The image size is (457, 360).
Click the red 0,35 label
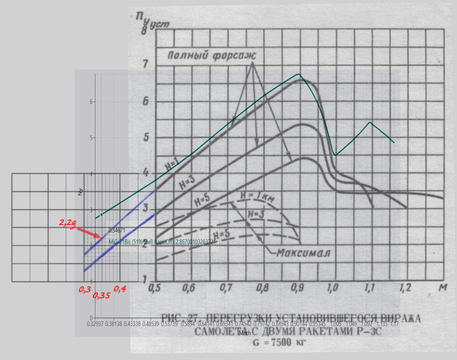[101, 296]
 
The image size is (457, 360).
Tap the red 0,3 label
[85, 289]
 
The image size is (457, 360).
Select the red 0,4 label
[119, 289]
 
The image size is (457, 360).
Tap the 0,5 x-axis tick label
[157, 288]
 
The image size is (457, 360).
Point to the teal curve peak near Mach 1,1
[370, 122]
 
